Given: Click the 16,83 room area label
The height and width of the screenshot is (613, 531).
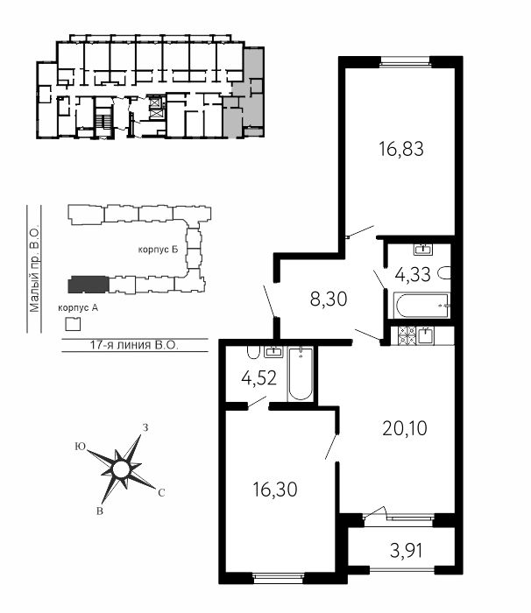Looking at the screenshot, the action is [x=401, y=150].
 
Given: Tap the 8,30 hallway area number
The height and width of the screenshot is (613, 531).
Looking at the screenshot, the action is [x=329, y=299].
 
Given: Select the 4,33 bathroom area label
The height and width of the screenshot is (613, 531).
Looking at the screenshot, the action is [x=413, y=274].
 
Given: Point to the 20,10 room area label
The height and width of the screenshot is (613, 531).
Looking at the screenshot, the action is [x=405, y=428].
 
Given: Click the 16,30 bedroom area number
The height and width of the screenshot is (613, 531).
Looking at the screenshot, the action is [x=275, y=489].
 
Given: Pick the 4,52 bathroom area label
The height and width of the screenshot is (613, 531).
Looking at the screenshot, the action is [x=259, y=378].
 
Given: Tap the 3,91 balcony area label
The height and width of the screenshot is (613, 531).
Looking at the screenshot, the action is [x=407, y=551].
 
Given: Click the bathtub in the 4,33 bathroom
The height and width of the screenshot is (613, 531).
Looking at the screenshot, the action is [x=421, y=306].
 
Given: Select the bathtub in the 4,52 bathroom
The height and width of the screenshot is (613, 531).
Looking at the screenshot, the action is [x=301, y=374].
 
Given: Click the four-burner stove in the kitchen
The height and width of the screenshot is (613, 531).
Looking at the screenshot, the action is [x=407, y=335].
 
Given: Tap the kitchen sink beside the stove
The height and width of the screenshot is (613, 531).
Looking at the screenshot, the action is [x=425, y=335].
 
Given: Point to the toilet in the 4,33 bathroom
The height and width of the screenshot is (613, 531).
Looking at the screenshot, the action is [x=445, y=273].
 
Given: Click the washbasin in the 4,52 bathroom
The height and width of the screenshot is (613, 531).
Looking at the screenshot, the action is [x=273, y=351].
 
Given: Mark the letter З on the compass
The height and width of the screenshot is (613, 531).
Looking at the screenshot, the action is [x=145, y=427].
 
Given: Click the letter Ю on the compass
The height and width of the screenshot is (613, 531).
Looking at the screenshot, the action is [x=81, y=447].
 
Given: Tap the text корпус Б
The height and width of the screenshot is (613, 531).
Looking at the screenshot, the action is [x=158, y=250].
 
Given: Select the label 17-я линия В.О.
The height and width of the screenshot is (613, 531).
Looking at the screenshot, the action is [x=134, y=345].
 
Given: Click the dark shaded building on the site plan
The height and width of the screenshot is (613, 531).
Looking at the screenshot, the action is [x=88, y=285].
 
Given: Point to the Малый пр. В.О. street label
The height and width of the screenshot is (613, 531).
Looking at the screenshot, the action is [x=34, y=268].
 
